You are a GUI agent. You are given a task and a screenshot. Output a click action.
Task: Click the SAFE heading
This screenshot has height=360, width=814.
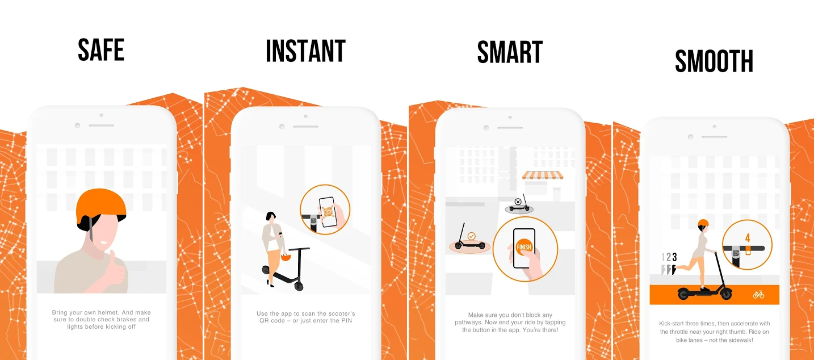[x=101, y=50]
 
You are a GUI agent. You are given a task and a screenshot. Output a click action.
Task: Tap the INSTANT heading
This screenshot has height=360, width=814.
[x=305, y=51]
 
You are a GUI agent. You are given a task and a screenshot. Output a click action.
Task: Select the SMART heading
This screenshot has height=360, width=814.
[x=510, y=52]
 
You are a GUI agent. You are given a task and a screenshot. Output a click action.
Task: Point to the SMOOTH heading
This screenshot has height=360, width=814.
[x=714, y=61]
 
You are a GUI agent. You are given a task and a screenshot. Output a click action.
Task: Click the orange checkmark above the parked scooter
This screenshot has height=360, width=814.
[x=471, y=235]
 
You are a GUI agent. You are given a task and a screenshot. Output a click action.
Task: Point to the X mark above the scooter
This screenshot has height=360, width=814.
[x=517, y=202]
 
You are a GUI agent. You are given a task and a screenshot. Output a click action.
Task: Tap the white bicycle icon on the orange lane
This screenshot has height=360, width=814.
[x=758, y=295]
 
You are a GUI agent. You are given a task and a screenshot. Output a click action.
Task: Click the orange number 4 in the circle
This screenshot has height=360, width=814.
[x=748, y=238]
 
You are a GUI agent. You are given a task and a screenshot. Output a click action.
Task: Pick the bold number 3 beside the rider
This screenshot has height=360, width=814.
[x=674, y=257]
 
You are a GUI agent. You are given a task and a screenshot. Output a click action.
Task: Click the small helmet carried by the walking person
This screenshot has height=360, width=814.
[x=286, y=257]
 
